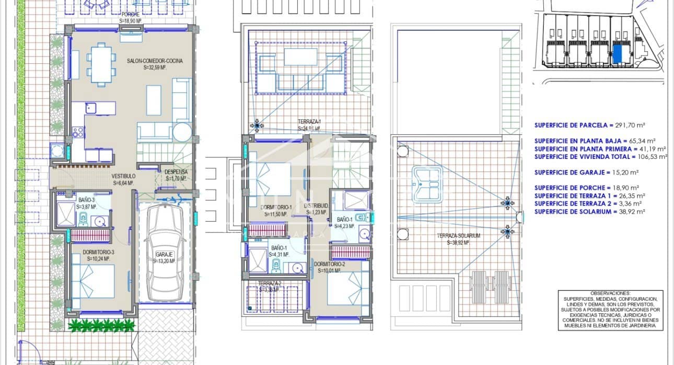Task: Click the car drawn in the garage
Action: (165, 254)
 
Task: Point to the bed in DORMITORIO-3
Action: (93, 281)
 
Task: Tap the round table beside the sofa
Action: (182, 133)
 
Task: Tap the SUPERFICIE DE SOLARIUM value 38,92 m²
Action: (630, 211)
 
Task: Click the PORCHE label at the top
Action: (131, 14)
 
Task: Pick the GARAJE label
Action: (164, 256)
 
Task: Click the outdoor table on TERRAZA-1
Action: (300, 56)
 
